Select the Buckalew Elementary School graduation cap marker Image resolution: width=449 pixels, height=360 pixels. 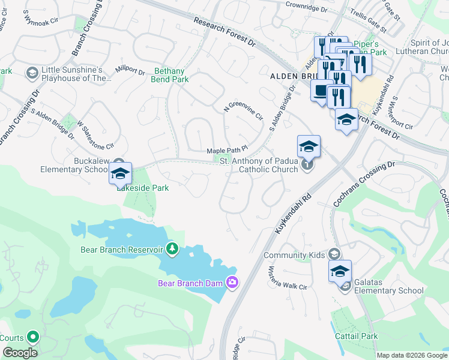tap(120, 173)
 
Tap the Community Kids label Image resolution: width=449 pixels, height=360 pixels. tap(295, 255)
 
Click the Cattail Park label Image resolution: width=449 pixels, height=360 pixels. tap(357, 336)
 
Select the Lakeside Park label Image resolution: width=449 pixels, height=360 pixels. tap(143, 188)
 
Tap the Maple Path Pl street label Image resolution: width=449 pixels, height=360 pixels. tap(227, 151)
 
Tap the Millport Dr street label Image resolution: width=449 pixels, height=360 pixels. tap(130, 70)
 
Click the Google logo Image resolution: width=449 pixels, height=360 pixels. tap(20, 352)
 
